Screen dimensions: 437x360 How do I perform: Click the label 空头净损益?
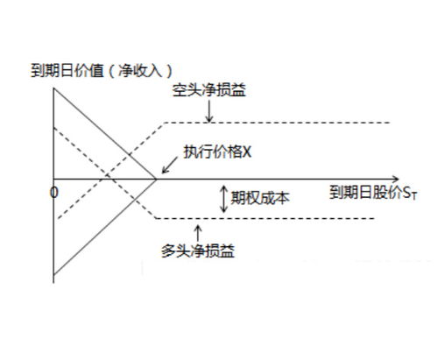208,90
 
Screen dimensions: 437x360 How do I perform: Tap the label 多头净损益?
198,251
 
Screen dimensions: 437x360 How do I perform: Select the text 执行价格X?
217,152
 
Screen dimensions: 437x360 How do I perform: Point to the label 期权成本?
260,198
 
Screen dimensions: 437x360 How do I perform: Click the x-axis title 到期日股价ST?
374,193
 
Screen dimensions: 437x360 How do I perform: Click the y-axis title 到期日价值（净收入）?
102,71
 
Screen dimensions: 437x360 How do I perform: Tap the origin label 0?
54,193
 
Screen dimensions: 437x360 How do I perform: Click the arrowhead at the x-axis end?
396,179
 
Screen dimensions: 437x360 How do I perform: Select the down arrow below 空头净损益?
209,111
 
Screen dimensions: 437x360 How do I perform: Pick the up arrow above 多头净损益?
198,233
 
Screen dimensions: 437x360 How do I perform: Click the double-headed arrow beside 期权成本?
224,199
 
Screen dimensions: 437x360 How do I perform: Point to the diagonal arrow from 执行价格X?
170,166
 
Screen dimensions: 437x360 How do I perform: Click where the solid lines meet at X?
156,179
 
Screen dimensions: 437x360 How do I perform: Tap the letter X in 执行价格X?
247,152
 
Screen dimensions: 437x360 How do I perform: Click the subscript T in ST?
414,195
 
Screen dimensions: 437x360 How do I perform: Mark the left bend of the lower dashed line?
156,218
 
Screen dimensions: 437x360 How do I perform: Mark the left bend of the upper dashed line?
165,123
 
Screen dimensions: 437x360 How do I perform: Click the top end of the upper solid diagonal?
53,88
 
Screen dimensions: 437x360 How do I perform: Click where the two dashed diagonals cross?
108,175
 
